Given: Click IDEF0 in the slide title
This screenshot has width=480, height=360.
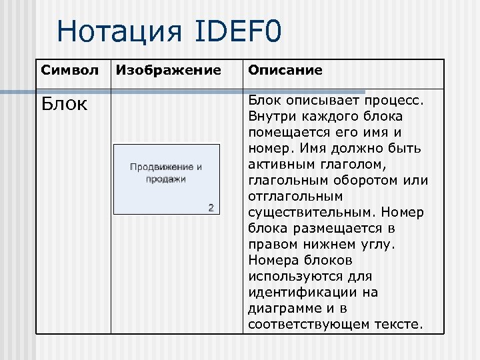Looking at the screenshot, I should [x=239, y=31].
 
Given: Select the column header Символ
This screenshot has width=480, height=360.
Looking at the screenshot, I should [x=69, y=70].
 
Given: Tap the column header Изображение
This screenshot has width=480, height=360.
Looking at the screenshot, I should [x=169, y=70].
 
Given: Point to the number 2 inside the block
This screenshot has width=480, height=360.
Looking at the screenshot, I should [x=211, y=207].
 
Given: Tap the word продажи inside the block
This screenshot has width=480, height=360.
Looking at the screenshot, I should [x=166, y=179].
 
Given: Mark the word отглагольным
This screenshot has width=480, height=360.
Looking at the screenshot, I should [x=295, y=196].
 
